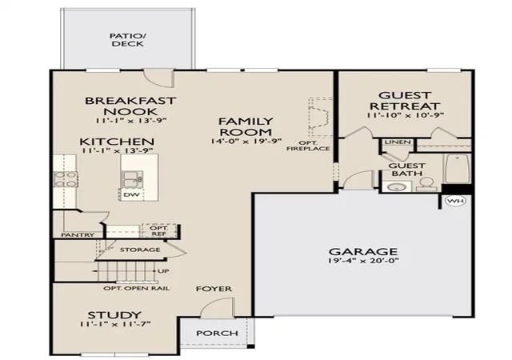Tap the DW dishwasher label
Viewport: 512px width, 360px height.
pyautogui.click(x=131, y=194)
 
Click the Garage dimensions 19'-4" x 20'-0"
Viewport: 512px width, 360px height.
pyautogui.click(x=363, y=261)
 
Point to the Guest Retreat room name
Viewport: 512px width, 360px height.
pyautogui.click(x=405, y=101)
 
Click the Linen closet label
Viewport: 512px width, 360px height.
pyautogui.click(x=398, y=142)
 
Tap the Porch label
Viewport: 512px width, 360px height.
pyautogui.click(x=217, y=334)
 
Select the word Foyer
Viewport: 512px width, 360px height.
pyautogui.click(x=214, y=289)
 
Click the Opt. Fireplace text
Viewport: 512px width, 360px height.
pyautogui.click(x=308, y=146)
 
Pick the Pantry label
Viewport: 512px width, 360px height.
pyautogui.click(x=78, y=234)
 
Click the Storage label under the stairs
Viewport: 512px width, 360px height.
pyautogui.click(x=140, y=250)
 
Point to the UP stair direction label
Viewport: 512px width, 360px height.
pyautogui.click(x=163, y=271)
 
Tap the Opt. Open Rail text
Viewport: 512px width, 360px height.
pyautogui.click(x=137, y=289)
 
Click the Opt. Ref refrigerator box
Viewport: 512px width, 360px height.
pyautogui.click(x=159, y=230)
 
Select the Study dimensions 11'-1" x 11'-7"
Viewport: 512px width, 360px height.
pyautogui.click(x=114, y=324)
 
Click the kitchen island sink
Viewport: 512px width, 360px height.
pyautogui.click(x=132, y=179)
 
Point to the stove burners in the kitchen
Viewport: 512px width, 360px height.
pyautogui.click(x=66, y=179)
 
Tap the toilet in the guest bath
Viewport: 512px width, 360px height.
pyautogui.click(x=426, y=184)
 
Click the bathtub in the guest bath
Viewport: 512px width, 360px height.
pyautogui.click(x=457, y=169)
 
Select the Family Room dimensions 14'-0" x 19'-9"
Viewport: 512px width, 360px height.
pyautogui.click(x=246, y=141)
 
